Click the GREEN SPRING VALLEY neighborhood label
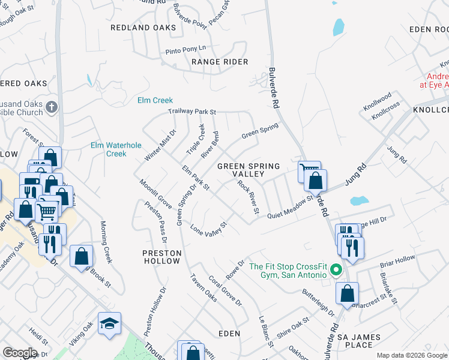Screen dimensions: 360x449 click(249, 170)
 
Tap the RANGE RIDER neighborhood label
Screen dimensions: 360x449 click(220, 62)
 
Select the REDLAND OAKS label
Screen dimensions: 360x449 click(143, 28)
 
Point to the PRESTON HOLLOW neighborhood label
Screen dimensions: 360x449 click(161, 257)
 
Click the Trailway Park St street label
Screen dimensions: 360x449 click(191, 112)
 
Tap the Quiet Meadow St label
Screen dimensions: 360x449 click(291, 207)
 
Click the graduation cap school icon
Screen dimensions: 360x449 click(109, 324)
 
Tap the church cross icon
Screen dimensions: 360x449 click(52, 107)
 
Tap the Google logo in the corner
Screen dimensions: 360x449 click(20, 352)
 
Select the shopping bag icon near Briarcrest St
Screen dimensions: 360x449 click(347, 294)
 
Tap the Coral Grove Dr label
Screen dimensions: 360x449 click(225, 292)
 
